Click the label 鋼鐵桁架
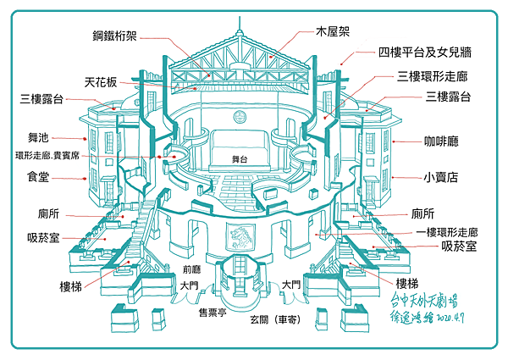pyautogui.click(x=116, y=36)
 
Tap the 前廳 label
pyautogui.click(x=190, y=271)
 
